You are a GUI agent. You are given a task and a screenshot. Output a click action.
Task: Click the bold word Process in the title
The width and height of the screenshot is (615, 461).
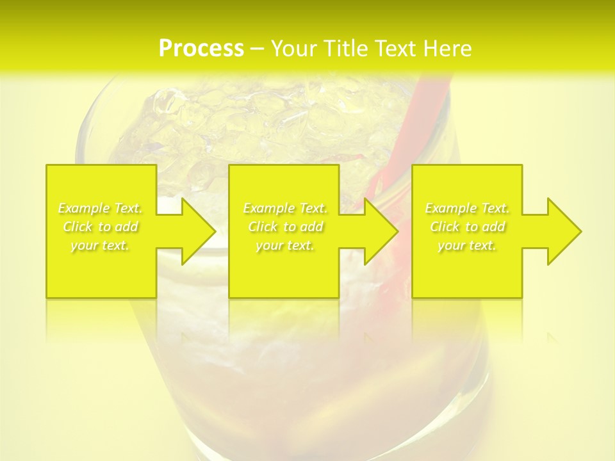click(x=201, y=49)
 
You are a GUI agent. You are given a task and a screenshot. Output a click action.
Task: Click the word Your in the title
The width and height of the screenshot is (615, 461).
click(x=292, y=49)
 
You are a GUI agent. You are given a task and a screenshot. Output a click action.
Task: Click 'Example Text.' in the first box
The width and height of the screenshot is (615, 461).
click(x=101, y=208)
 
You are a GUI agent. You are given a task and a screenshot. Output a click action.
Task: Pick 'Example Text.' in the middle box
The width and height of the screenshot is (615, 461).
click(x=285, y=208)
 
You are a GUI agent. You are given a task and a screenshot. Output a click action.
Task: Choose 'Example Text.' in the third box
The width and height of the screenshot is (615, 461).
click(x=467, y=208)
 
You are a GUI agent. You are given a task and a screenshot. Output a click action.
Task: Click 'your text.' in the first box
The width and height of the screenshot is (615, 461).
click(x=101, y=245)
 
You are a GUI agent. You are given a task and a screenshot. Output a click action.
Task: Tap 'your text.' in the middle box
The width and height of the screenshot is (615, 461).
click(x=285, y=245)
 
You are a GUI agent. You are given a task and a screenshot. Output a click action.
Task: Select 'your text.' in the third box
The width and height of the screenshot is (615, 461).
click(x=467, y=245)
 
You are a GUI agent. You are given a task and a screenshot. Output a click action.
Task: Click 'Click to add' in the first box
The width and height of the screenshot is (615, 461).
click(x=101, y=227)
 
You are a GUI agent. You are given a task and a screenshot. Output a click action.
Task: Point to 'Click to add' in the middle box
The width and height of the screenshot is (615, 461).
click(x=285, y=227)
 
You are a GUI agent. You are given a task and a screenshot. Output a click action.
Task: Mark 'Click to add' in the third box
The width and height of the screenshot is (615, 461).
click(x=467, y=227)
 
